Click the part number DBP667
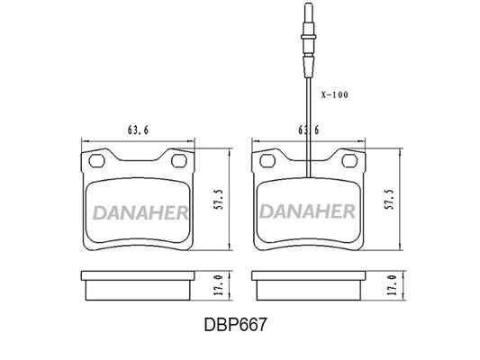(235, 325)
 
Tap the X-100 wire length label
(335, 94)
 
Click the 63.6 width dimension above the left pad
(138, 130)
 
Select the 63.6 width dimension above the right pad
(309, 130)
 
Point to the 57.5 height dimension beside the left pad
(218, 200)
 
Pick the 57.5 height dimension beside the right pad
(389, 200)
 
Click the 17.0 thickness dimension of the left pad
(218, 285)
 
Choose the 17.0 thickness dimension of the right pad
(392, 285)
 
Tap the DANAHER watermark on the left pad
(140, 212)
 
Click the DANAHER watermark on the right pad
(307, 211)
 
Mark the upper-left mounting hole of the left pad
(96, 161)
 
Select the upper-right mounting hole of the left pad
(179, 161)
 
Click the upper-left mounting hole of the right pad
(267, 161)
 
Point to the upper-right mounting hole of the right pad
(349, 161)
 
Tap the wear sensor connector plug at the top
(308, 40)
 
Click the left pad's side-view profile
(138, 285)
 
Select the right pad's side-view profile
(309, 285)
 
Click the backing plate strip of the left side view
(138, 275)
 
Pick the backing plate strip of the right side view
(309, 275)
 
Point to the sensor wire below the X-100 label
(309, 128)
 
